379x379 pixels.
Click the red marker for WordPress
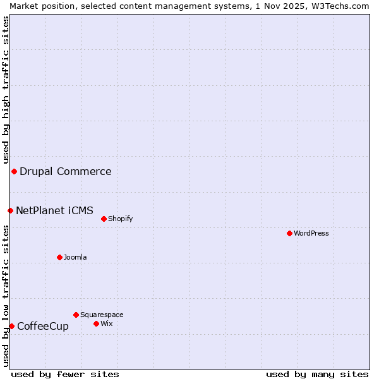pyautogui.click(x=289, y=233)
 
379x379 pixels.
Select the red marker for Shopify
pyautogui.click(x=104, y=219)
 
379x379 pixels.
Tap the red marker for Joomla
pyautogui.click(x=59, y=257)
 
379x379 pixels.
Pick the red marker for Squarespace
pyautogui.click(x=76, y=315)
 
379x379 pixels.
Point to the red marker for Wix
pyautogui.click(x=96, y=323)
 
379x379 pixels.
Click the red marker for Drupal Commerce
pyautogui.click(x=14, y=171)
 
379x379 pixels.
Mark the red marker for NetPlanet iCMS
pyautogui.click(x=10, y=210)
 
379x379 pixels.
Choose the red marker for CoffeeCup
pyautogui.click(x=11, y=326)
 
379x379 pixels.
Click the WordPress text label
pyautogui.click(x=311, y=233)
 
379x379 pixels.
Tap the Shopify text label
pyautogui.click(x=120, y=219)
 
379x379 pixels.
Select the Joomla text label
pyautogui.click(x=75, y=257)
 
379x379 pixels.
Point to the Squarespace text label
pyautogui.click(x=102, y=315)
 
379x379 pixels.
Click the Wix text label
pyautogui.click(x=106, y=323)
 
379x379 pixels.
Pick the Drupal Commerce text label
pyautogui.click(x=66, y=171)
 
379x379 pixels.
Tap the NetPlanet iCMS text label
pyautogui.click(x=54, y=210)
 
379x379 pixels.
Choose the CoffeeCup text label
pyautogui.click(x=43, y=326)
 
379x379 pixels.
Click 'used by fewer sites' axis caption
pyautogui.click(x=65, y=374)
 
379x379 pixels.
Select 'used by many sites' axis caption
pyautogui.click(x=317, y=374)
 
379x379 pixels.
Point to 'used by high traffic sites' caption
pyautogui.click(x=6, y=88)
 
